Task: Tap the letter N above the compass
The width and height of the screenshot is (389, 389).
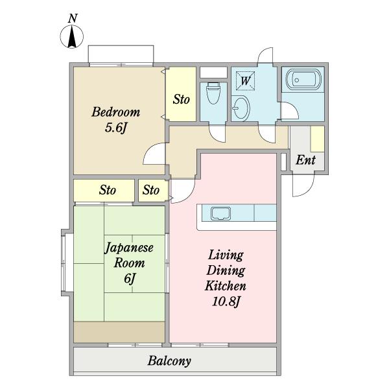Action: pyautogui.click(x=74, y=18)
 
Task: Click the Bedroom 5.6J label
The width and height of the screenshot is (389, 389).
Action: pyautogui.click(x=115, y=119)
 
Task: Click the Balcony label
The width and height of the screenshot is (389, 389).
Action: pyautogui.click(x=169, y=360)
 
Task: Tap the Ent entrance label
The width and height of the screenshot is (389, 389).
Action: pyautogui.click(x=305, y=160)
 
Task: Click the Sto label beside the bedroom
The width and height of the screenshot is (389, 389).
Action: pyautogui.click(x=181, y=100)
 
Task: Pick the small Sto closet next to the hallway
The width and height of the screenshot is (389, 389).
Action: pyautogui.click(x=152, y=191)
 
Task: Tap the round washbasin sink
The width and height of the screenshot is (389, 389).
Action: pyautogui.click(x=240, y=106)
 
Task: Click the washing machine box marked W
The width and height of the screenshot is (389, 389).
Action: pyautogui.click(x=245, y=81)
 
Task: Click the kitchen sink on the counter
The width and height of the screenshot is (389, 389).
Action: pyautogui.click(x=220, y=213)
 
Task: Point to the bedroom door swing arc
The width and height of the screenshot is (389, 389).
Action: pyautogui.click(x=154, y=154)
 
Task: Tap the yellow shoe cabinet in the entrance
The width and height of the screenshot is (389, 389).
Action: pyautogui.click(x=317, y=139)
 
